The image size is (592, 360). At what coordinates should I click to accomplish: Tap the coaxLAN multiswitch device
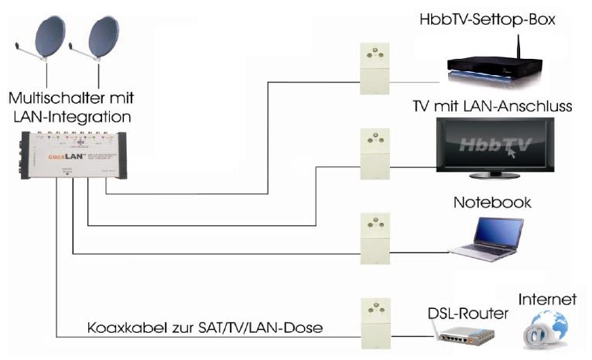(x=74, y=155)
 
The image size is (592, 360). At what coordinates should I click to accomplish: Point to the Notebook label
(x=492, y=202)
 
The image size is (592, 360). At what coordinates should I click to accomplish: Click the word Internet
(x=548, y=299)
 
